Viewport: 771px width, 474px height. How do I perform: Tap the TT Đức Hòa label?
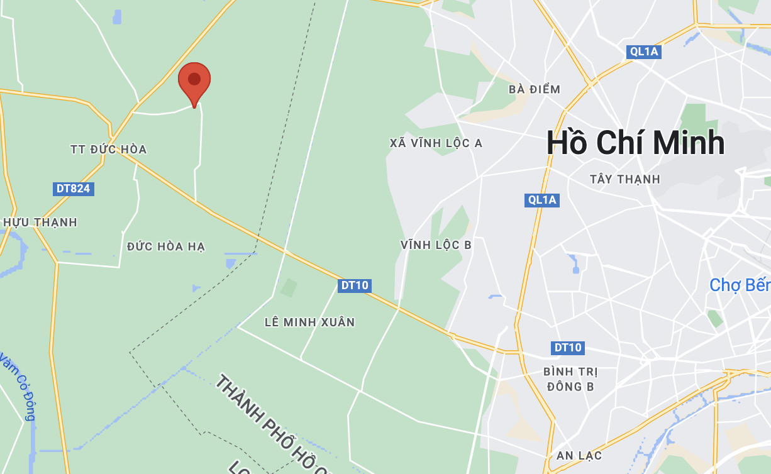click(x=109, y=150)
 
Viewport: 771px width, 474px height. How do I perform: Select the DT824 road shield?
click(x=74, y=189)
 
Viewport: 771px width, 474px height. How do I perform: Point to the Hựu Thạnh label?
click(x=40, y=223)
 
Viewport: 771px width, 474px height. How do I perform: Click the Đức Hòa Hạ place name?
click(x=166, y=246)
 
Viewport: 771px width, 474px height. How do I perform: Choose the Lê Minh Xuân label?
click(x=309, y=322)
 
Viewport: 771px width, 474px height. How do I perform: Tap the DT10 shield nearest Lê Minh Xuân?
click(x=354, y=285)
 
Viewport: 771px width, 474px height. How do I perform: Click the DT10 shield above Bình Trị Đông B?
click(x=568, y=348)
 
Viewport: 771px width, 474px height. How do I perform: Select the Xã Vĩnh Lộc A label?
click(x=436, y=143)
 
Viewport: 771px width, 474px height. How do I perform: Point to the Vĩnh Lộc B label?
click(x=436, y=245)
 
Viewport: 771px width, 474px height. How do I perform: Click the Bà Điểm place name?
click(x=534, y=89)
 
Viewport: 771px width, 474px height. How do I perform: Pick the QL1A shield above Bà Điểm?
click(x=644, y=52)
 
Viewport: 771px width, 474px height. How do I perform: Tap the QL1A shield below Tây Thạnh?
click(x=541, y=200)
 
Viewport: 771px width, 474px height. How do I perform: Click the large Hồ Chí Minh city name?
click(x=635, y=143)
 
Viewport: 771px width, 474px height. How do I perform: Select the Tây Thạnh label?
click(x=625, y=179)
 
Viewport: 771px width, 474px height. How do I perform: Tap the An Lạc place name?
click(x=579, y=455)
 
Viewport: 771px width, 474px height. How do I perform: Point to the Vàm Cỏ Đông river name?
click(x=19, y=387)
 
